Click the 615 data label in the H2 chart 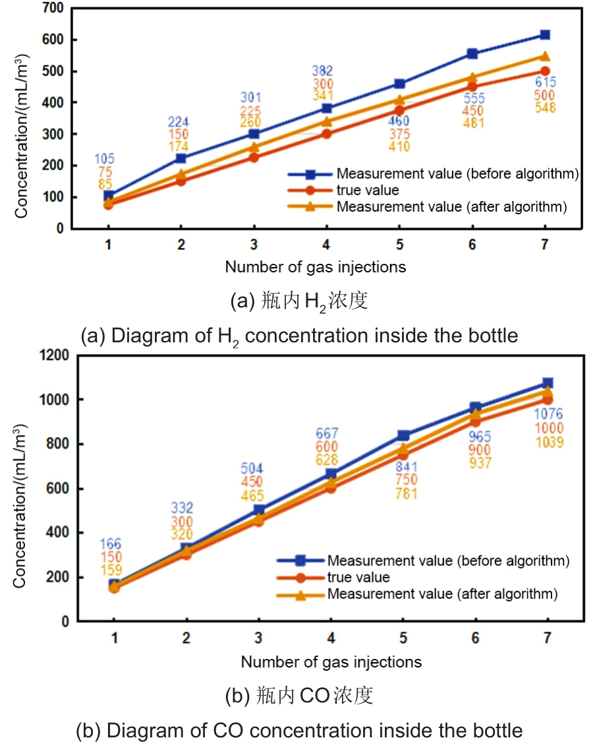pyautogui.click(x=545, y=82)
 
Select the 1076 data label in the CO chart pyautogui.click(x=548, y=414)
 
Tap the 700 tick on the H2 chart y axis pyautogui.click(x=54, y=9)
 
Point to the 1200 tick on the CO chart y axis pyautogui.click(x=51, y=356)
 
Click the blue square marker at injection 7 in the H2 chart pyautogui.click(x=545, y=35)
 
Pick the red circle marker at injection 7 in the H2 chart pyautogui.click(x=545, y=71)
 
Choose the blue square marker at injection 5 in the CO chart pyautogui.click(x=404, y=435)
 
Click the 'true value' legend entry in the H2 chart pyautogui.click(x=367, y=191)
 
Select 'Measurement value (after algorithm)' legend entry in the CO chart pyautogui.click(x=442, y=594)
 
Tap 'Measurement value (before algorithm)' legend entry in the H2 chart pyautogui.click(x=457, y=174)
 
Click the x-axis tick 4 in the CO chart pyautogui.click(x=332, y=638)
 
